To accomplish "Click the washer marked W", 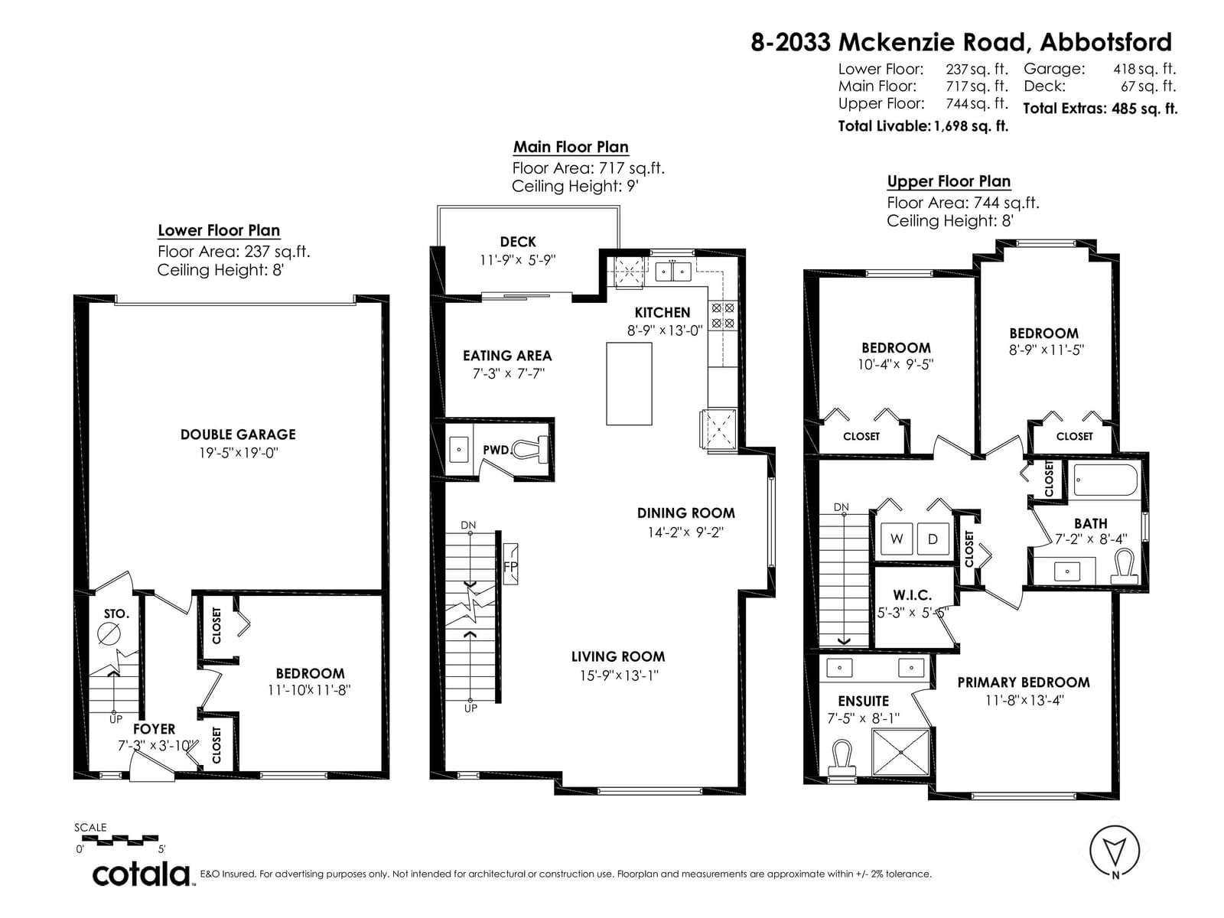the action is click(x=896, y=539).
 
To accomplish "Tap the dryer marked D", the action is click(x=933, y=539).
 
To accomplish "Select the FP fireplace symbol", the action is click(x=510, y=564).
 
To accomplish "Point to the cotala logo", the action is click(x=142, y=874).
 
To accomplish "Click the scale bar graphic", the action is click(x=120, y=839).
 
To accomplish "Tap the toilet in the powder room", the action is click(x=529, y=449).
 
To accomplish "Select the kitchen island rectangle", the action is click(x=629, y=383).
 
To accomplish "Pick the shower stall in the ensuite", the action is click(x=900, y=752).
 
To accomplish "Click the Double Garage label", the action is click(x=238, y=435).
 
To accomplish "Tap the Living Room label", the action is click(x=618, y=656).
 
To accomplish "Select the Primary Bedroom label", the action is click(x=1024, y=682).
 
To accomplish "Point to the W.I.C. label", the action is click(x=913, y=594).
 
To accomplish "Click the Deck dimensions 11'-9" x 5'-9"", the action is click(x=517, y=260).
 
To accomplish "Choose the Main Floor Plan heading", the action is click(x=571, y=147).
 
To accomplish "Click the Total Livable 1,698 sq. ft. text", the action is click(x=923, y=126).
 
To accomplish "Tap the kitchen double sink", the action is click(x=673, y=272).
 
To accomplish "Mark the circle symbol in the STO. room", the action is click(x=109, y=633).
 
